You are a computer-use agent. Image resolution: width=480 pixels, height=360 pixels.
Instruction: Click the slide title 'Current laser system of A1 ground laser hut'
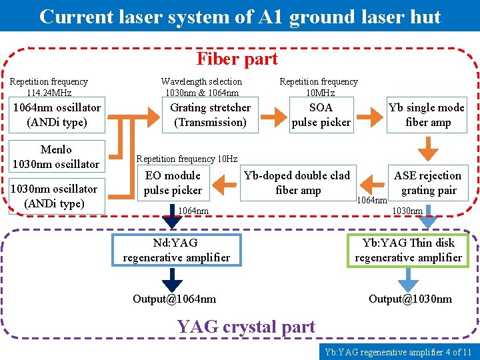tap(240, 16)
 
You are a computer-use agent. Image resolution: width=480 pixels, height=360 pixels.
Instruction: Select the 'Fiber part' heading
tap(237, 59)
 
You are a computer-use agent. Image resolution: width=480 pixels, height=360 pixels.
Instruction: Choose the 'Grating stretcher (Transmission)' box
tap(210, 115)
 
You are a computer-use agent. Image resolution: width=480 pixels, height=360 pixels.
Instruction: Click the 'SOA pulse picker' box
tap(321, 115)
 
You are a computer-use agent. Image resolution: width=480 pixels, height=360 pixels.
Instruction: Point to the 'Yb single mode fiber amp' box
tap(427, 115)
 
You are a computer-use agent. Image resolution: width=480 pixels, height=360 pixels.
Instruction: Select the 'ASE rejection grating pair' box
tap(427, 183)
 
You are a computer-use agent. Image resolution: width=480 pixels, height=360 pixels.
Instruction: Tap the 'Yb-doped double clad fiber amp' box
tap(297, 183)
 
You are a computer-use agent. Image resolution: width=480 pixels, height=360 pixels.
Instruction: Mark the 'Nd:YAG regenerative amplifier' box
tap(176, 250)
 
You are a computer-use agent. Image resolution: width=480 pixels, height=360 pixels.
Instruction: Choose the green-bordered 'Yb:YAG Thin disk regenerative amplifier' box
tap(408, 250)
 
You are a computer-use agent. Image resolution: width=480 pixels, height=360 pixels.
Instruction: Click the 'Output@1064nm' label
tap(173, 299)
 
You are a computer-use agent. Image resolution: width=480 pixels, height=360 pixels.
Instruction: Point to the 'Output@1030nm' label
tap(410, 299)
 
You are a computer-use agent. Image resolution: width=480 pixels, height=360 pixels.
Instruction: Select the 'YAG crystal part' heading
tap(245, 327)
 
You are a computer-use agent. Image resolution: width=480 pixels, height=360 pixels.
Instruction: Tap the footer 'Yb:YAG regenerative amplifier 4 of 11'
tap(398, 352)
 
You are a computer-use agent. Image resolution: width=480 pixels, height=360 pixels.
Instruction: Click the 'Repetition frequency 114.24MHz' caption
tap(49, 87)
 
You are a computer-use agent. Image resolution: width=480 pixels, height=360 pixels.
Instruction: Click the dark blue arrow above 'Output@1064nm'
tap(173, 279)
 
